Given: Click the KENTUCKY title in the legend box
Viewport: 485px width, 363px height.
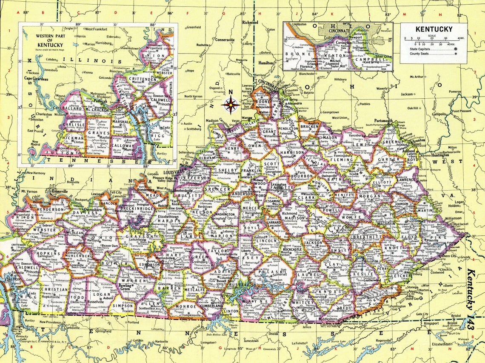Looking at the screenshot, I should (x=434, y=29).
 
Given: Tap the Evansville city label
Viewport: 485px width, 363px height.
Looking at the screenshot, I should (x=56, y=191).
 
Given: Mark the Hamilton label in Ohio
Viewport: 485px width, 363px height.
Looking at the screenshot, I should (x=266, y=63).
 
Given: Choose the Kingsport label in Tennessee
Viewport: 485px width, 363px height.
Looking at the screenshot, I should (x=431, y=323).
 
